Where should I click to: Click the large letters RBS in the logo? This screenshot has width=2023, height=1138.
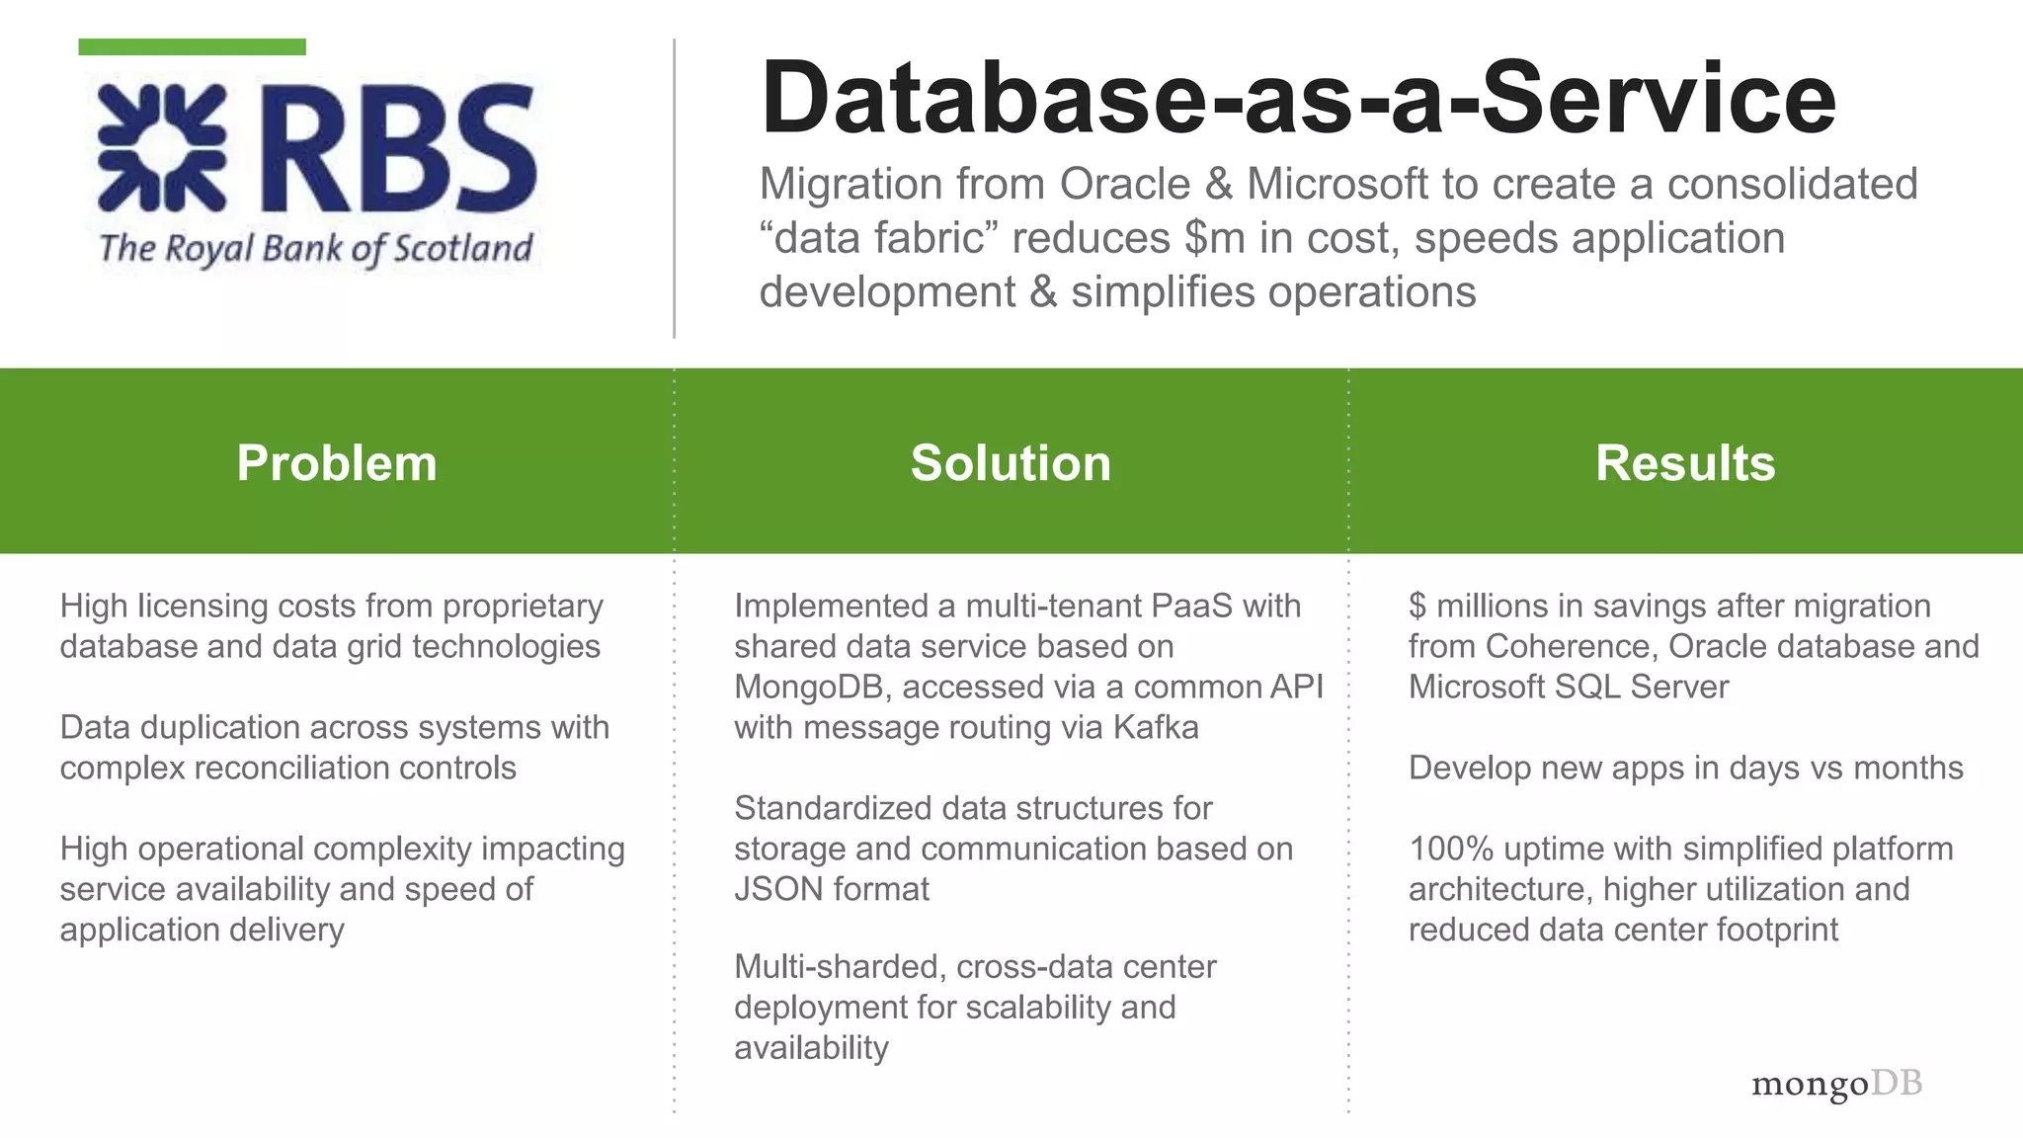click(399, 148)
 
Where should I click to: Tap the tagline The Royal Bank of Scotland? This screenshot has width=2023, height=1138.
click(316, 248)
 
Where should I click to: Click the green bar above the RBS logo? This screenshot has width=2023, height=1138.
click(192, 46)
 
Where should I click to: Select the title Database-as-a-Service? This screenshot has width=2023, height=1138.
click(1297, 98)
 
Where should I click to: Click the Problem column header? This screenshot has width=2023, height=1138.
click(337, 462)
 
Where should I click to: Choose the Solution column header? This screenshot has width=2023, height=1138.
click(1011, 462)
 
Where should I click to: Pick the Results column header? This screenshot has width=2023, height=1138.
click(1685, 462)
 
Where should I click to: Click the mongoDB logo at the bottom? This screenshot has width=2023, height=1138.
click(1836, 1084)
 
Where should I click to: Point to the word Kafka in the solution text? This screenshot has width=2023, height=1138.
click(1156, 728)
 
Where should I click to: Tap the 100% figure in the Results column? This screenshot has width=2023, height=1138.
click(1443, 849)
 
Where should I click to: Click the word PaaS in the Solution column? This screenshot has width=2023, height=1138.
click(1197, 606)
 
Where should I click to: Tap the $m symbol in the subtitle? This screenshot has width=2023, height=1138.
click(1215, 238)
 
